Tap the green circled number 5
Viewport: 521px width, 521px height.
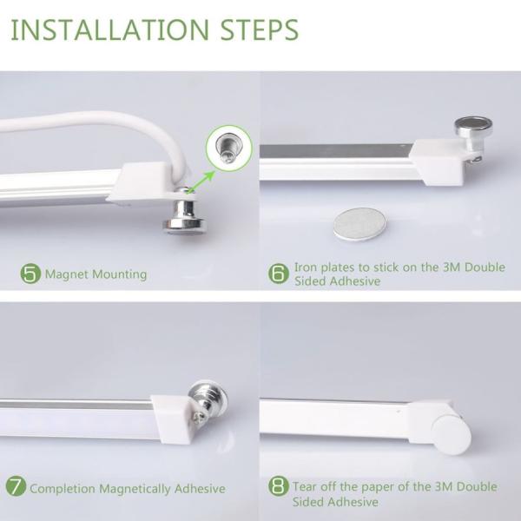coord(30,274)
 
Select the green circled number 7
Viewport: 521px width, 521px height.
coord(16,487)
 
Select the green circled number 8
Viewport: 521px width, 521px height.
coord(278,486)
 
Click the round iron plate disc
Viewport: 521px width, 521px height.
coord(359,223)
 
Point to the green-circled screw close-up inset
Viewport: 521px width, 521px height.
coord(228,148)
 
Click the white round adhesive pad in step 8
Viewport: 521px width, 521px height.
coord(452,432)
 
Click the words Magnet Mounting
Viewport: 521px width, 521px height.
coord(96,274)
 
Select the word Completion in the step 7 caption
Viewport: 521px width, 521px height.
coord(65,488)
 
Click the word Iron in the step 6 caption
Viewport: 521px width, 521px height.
coord(307,267)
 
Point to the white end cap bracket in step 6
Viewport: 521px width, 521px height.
coord(439,161)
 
